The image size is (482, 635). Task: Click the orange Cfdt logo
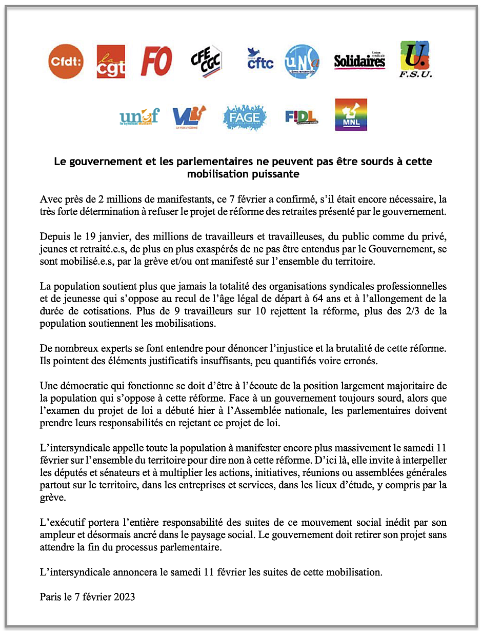[66, 62]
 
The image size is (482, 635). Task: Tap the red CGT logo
[111, 62]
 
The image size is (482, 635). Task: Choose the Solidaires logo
[359, 61]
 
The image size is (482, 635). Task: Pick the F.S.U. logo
[415, 58]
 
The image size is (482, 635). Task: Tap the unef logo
[139, 117]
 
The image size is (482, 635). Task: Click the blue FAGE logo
[245, 117]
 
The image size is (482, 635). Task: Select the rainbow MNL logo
[351, 115]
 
